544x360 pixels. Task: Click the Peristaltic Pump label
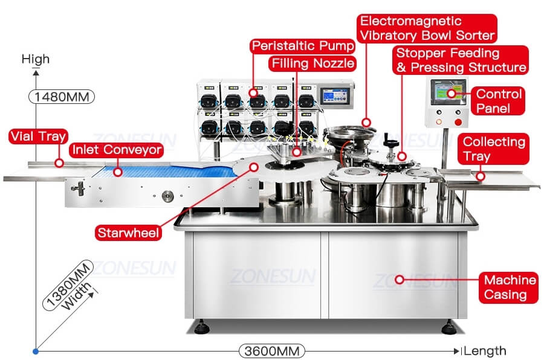pos(302,46)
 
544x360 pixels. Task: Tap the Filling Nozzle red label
pos(312,63)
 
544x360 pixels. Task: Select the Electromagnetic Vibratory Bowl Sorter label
pos(427,28)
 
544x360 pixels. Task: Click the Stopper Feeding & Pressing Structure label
pos(461,60)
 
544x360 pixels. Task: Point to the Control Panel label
pos(498,101)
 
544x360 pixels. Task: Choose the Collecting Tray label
pos(493,149)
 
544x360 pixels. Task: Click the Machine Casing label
pos(509,288)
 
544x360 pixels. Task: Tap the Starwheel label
pos(128,233)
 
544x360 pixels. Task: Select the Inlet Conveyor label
pos(117,150)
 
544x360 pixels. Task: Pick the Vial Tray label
pos(38,137)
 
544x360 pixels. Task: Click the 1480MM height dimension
pos(62,97)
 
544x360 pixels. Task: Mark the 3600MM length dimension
pos(271,351)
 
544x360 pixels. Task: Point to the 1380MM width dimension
pos(68,284)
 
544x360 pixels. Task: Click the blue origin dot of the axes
pos(36,352)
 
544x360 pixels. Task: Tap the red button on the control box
pos(458,122)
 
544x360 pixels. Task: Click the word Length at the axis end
pos(485,351)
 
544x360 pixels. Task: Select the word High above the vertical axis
pos(36,59)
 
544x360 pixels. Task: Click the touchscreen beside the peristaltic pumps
pos(334,95)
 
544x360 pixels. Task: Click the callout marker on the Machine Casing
pos(400,279)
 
